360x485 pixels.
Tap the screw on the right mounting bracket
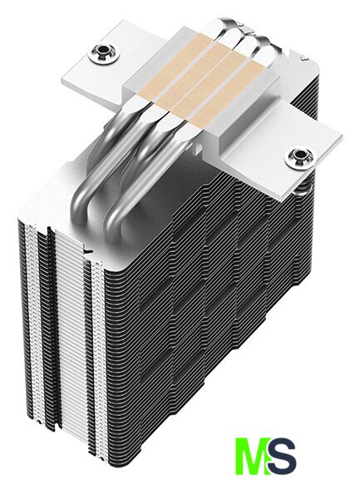click(x=298, y=157)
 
